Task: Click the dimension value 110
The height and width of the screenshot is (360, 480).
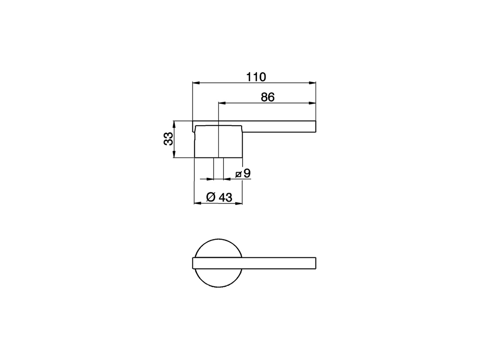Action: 256,77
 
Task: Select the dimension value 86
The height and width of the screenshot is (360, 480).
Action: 267,97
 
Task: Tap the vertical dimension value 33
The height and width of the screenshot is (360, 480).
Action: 168,139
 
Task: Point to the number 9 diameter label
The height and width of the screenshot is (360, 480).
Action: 247,173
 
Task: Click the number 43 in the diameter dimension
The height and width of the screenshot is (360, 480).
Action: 225,197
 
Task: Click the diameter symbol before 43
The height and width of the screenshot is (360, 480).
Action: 211,197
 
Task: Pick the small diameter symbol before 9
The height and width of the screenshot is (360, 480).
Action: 238,174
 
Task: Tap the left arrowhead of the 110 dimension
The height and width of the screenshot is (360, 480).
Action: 196,83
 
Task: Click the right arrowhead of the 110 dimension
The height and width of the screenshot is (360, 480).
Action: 312,83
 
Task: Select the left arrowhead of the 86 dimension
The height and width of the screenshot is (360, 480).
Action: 222,103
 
